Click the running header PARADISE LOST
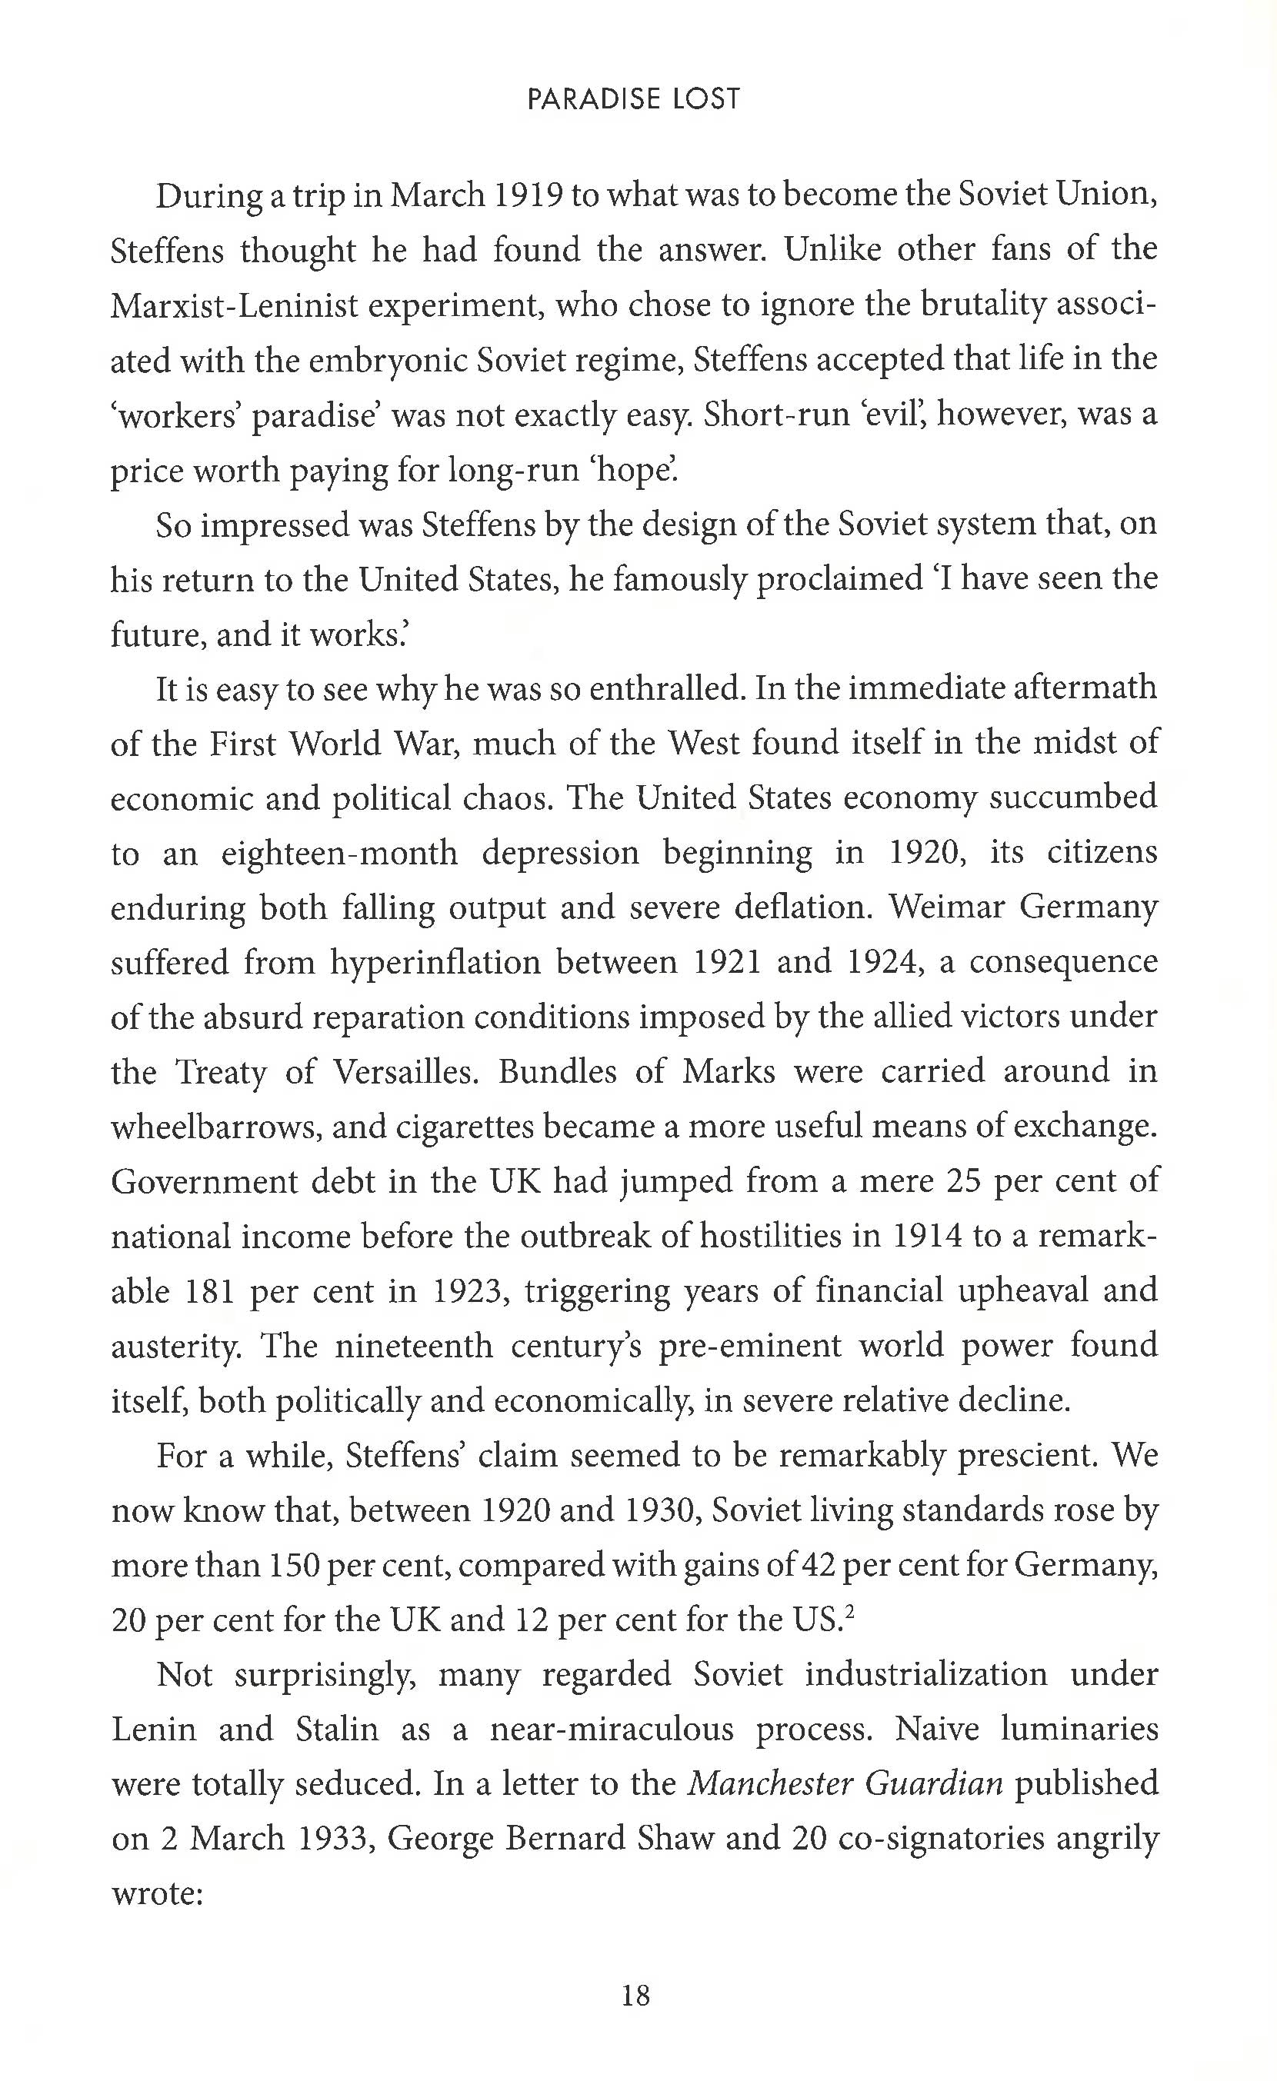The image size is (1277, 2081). (633, 100)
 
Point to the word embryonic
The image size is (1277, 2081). (386, 361)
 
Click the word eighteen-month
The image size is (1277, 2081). (339, 853)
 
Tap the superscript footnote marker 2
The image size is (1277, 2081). (851, 1612)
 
